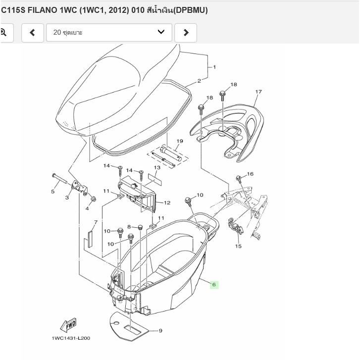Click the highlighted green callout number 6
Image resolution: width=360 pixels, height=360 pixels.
click(214, 285)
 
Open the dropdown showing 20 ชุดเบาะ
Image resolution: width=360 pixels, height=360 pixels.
click(109, 33)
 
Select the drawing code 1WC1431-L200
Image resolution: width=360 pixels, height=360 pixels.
click(71, 338)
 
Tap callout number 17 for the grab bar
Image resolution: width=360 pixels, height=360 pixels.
click(258, 92)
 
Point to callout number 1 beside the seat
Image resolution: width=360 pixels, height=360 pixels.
click(214, 67)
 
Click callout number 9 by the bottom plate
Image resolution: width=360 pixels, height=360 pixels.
click(160, 330)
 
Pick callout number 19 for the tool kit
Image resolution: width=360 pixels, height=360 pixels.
click(179, 141)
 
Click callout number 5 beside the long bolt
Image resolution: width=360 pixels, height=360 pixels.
click(53, 192)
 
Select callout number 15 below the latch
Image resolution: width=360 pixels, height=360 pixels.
click(238, 246)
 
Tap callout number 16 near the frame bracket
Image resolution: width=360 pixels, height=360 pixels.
click(250, 174)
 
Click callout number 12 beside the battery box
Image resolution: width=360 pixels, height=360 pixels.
click(167, 203)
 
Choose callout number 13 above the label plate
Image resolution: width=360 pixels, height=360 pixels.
click(156, 168)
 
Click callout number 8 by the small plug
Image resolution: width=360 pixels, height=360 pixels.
click(129, 227)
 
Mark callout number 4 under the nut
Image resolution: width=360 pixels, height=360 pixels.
click(87, 208)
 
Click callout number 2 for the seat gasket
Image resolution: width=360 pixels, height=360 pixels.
click(199, 81)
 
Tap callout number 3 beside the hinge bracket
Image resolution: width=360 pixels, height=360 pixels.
click(67, 198)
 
